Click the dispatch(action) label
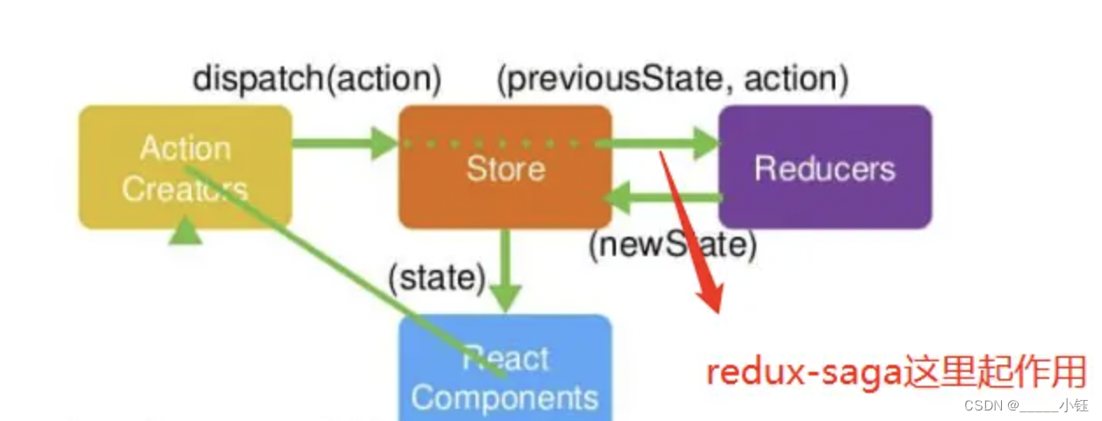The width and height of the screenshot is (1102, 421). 317,79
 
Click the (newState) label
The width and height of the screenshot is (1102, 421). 672,246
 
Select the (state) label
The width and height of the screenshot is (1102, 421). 437,278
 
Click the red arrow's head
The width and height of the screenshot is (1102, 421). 711,298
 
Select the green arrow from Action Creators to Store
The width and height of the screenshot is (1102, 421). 342,143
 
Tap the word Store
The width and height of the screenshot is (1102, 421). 504,168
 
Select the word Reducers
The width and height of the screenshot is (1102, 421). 825,168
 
